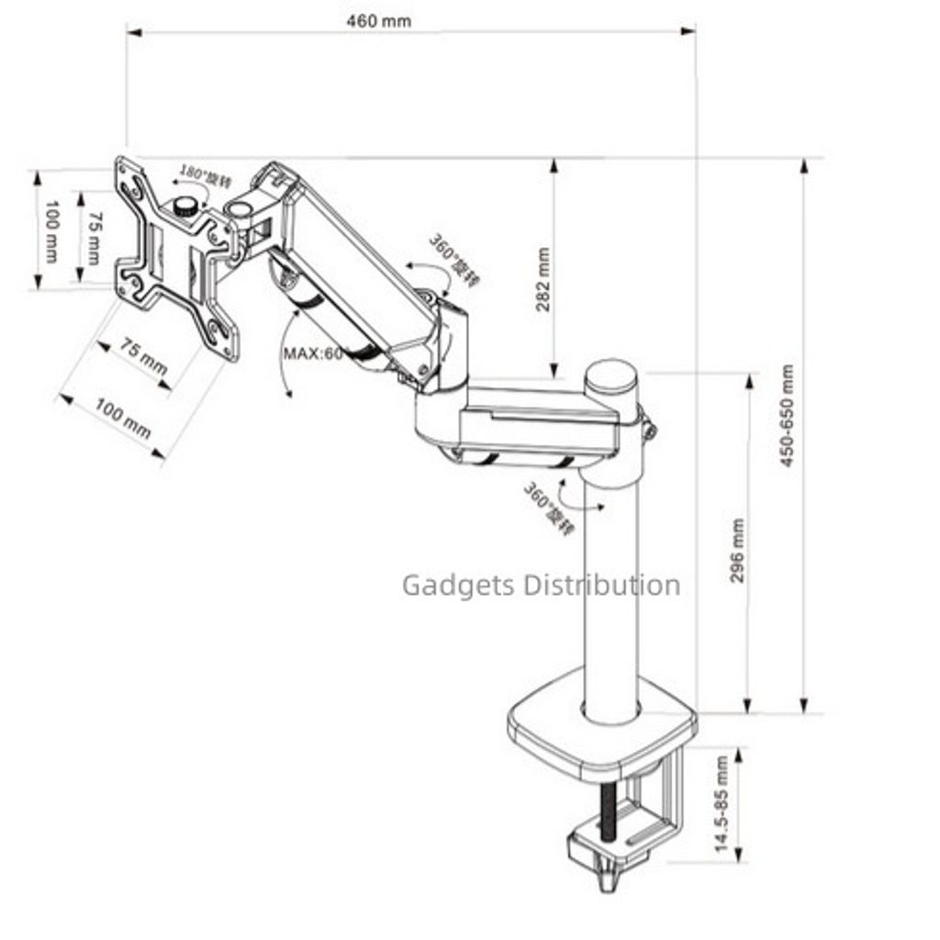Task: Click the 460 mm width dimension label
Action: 379,20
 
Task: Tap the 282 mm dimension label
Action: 543,280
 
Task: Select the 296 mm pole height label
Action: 738,551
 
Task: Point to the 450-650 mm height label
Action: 788,416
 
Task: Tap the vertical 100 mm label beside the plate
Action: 50,231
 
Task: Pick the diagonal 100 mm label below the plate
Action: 123,420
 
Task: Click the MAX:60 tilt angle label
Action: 312,353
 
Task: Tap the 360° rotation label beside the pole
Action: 548,508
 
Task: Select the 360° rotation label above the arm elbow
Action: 453,260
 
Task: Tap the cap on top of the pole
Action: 611,376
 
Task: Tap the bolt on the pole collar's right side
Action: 648,427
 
